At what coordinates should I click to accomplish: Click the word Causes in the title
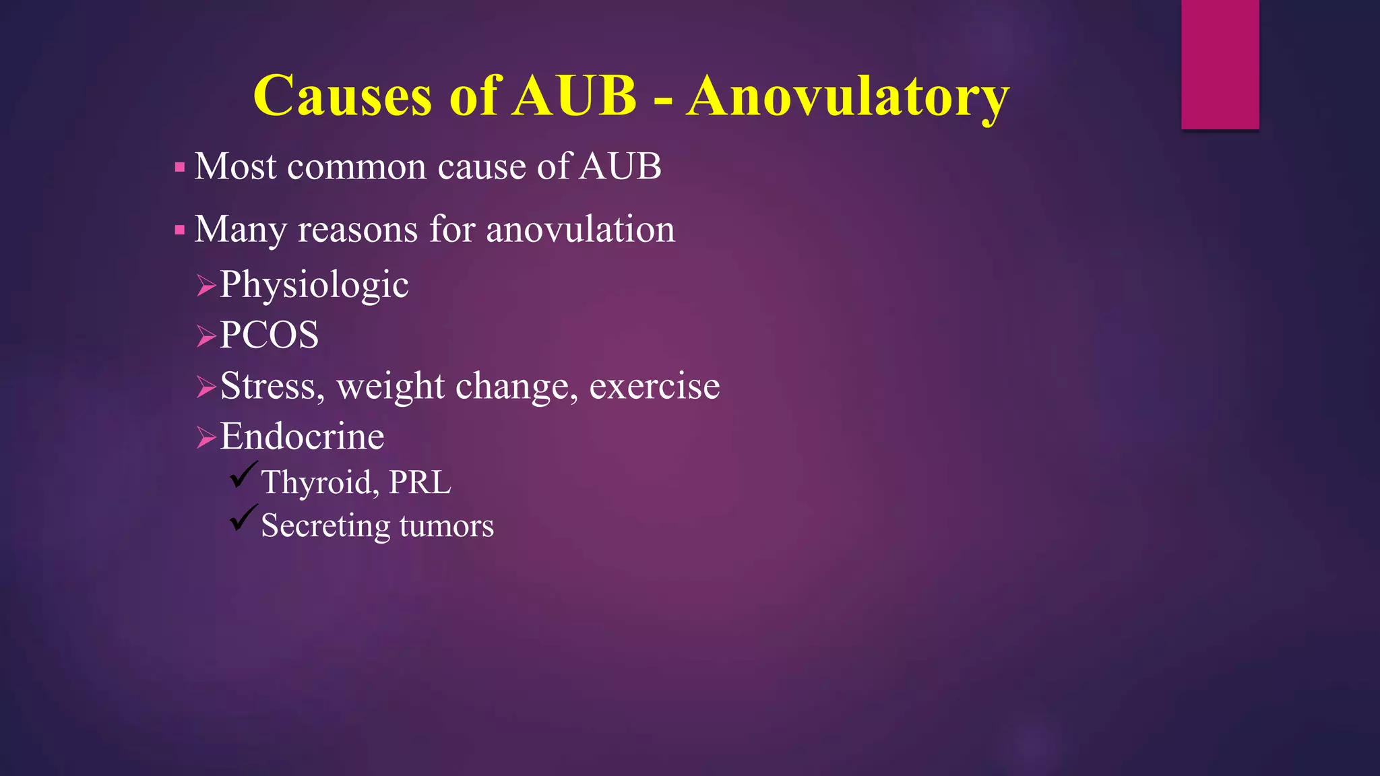point(342,96)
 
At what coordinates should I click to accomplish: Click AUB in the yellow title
point(574,96)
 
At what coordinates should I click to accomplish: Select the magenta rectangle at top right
point(1220,64)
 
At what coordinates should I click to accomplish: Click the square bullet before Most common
point(179,167)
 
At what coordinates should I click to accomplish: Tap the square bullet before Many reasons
point(179,230)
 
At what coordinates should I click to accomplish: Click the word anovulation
point(580,229)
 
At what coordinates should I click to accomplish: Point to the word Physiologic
point(314,284)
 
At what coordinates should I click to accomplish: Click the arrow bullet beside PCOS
point(206,335)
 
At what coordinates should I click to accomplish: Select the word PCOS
point(270,335)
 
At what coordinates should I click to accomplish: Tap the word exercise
point(654,386)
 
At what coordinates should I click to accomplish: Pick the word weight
point(391,387)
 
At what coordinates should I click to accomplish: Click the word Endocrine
point(302,437)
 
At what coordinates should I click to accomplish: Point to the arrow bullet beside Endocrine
point(206,438)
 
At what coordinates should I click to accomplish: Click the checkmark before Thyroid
point(243,475)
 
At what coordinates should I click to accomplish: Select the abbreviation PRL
point(420,482)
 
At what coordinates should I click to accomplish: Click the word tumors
point(446,525)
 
